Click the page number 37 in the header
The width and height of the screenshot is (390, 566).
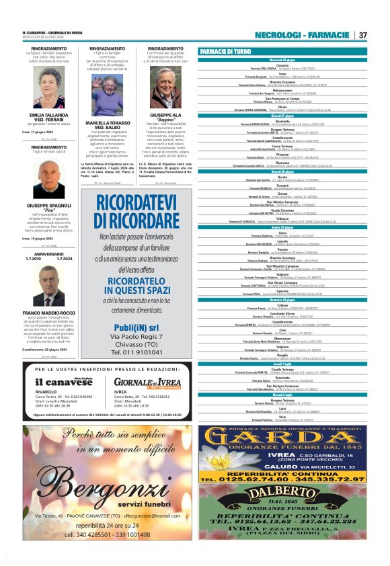(x=362, y=35)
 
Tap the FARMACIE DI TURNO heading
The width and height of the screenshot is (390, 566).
(x=225, y=52)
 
